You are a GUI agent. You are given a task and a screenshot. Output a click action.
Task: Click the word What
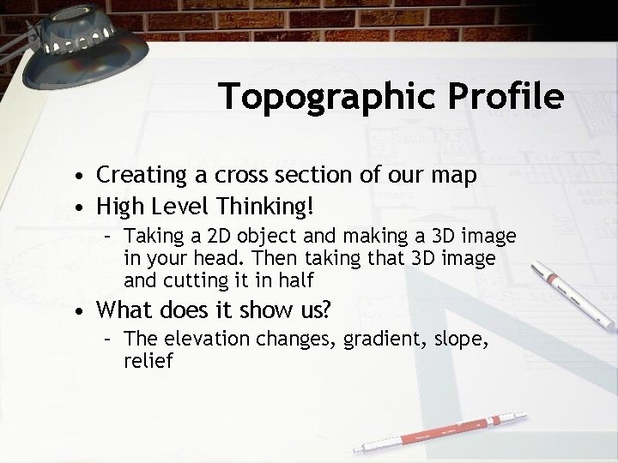point(122,309)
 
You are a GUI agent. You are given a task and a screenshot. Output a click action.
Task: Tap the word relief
point(148,361)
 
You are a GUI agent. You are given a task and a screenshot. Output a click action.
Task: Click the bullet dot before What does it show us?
point(78,310)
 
